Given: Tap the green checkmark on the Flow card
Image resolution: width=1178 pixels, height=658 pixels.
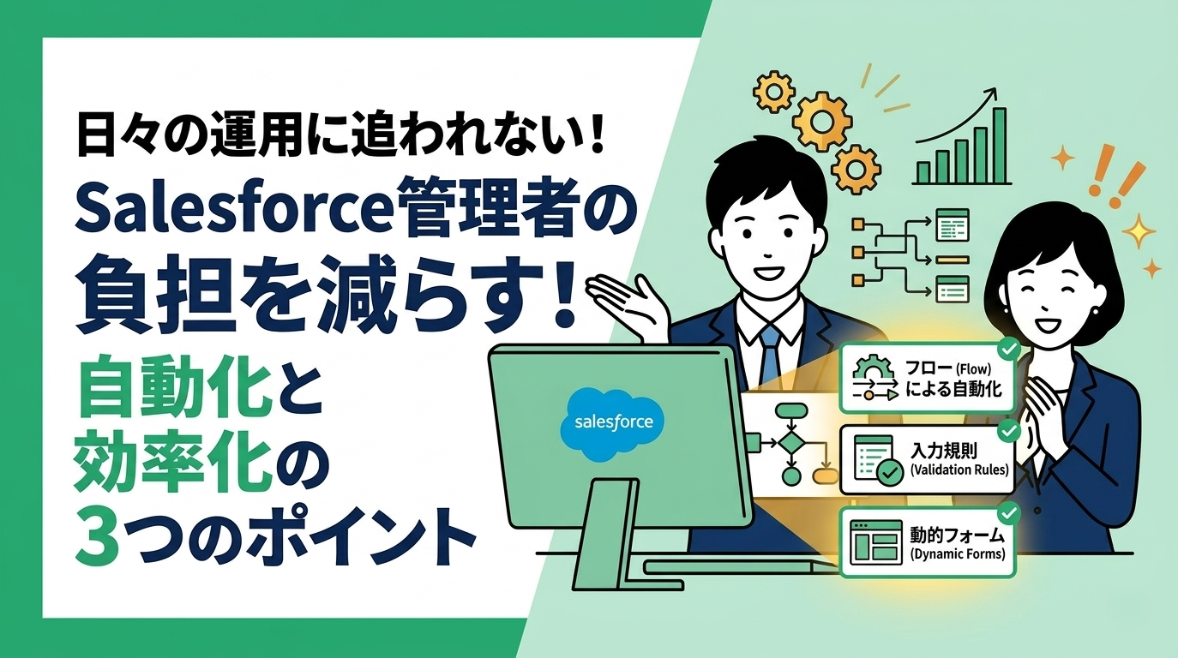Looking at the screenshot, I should coord(1008,349).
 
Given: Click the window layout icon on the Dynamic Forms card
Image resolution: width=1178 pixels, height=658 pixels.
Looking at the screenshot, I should coord(872,541).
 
